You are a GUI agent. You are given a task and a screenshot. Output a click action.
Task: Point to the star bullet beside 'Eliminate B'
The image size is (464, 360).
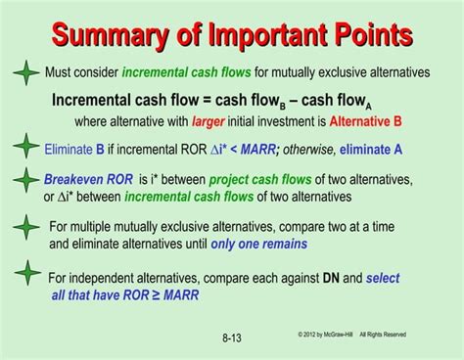tap(25, 149)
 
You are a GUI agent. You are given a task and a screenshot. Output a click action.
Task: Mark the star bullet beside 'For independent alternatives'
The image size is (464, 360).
tap(25, 279)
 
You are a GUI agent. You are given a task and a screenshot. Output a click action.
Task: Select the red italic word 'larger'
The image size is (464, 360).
tap(209, 122)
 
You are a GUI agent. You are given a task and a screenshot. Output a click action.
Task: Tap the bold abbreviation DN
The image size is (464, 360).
tap(333, 278)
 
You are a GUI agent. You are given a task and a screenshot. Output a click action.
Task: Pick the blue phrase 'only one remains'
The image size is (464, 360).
tap(258, 245)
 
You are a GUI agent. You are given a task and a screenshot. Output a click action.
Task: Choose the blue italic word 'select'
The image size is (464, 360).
tap(383, 278)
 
